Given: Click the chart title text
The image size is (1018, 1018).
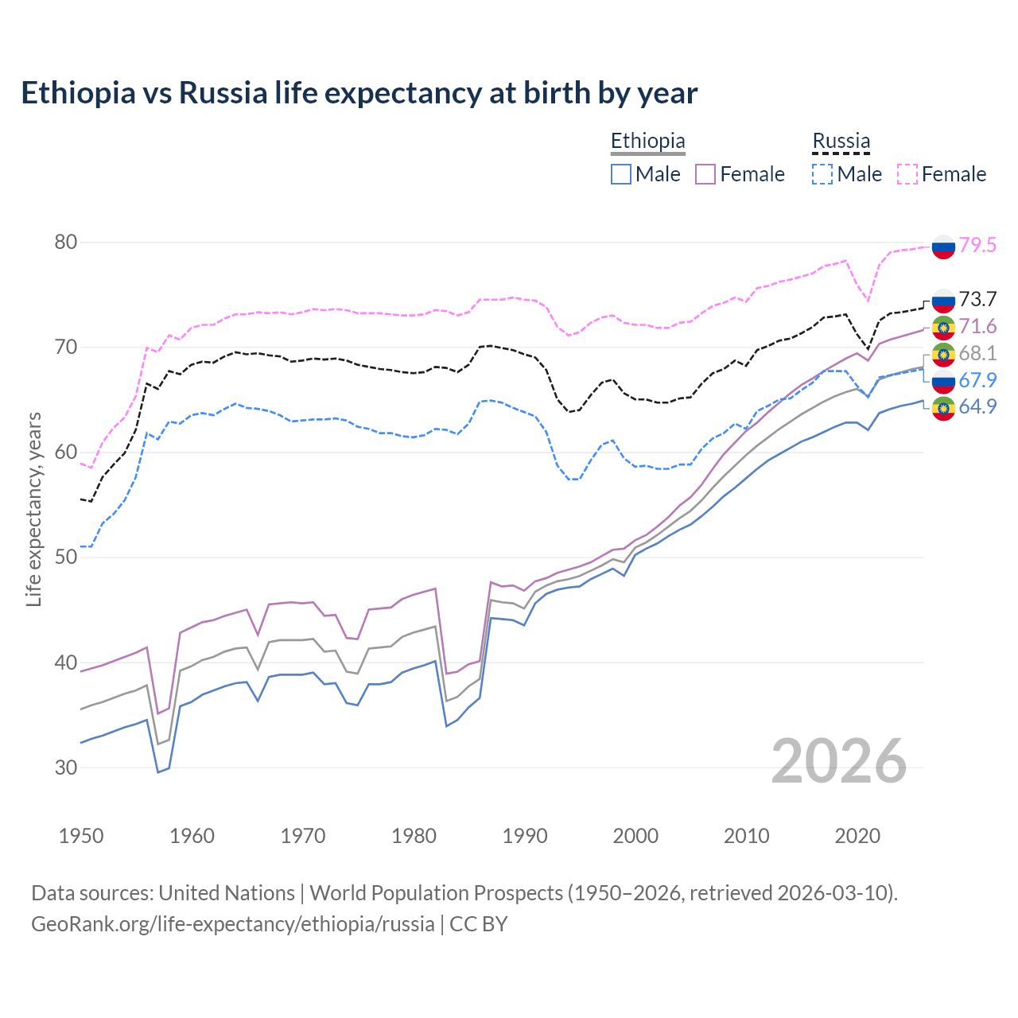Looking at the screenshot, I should [359, 93].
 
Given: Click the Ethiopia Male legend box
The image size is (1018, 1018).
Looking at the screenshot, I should [621, 174].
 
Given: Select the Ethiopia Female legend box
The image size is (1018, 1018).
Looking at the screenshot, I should [705, 174].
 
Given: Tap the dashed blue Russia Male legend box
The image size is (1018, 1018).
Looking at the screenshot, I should [822, 174].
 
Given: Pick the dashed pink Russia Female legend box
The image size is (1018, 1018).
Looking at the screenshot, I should [907, 174].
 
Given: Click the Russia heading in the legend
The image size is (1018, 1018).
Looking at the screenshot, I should [841, 141].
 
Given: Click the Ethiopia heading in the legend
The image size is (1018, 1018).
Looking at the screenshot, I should [647, 141].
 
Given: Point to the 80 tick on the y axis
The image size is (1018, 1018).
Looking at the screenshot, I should [66, 242].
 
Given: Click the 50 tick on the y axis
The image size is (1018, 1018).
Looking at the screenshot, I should [66, 557].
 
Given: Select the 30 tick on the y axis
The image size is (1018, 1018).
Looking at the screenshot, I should [66, 767].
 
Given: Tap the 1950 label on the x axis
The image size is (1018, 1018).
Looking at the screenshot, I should [81, 836].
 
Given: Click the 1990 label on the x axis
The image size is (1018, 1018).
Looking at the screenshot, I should [525, 836].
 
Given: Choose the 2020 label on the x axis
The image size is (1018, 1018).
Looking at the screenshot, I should [857, 836].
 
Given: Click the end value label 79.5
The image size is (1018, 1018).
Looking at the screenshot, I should [977, 245].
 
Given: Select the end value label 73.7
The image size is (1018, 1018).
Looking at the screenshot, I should [977, 299].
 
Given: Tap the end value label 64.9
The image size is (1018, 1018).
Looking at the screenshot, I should [977, 406].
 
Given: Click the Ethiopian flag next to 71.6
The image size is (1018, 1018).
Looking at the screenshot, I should [943, 327].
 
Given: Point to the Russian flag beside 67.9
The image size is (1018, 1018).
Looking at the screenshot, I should [943, 381].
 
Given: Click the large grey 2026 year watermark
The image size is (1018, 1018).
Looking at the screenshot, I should [839, 761].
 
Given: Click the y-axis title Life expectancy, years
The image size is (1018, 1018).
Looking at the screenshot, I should [33, 509].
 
